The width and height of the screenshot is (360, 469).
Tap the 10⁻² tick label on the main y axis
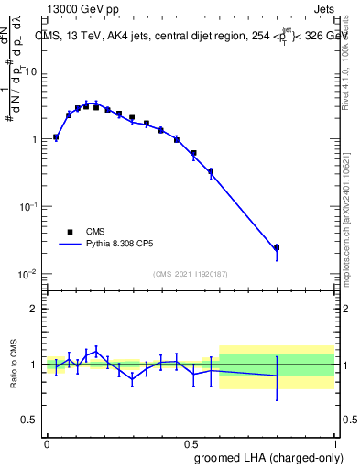29,274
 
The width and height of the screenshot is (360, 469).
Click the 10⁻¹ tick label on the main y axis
29,206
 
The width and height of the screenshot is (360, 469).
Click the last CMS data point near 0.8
277,247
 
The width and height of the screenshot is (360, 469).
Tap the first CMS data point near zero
56,137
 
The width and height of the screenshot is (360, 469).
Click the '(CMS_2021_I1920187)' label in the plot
190,273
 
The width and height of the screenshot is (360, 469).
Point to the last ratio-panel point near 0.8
277,376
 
